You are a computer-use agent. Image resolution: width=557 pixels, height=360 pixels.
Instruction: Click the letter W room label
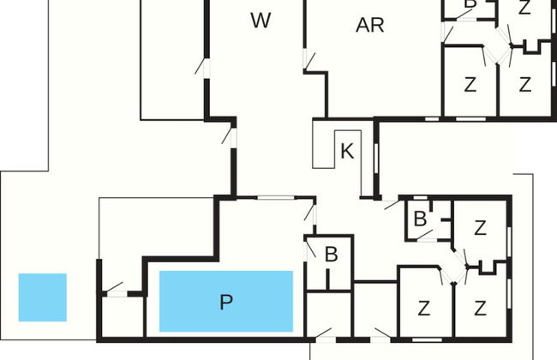[x=261, y=21]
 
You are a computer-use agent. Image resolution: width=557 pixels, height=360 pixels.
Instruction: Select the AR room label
[x=370, y=25]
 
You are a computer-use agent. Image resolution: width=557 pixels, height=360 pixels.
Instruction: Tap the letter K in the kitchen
[x=347, y=152]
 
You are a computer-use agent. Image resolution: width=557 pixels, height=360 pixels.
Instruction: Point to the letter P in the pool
[x=226, y=302]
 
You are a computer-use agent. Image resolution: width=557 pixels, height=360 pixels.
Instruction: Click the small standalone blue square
[x=42, y=297]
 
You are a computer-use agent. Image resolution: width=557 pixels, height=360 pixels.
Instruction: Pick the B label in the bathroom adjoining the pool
[x=331, y=255]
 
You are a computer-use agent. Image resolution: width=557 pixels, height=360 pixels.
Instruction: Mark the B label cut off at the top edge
[x=470, y=4]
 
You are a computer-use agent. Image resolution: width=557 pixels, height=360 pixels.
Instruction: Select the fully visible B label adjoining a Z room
[x=420, y=219]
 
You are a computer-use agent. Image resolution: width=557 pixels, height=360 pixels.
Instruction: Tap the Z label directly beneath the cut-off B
[x=470, y=85]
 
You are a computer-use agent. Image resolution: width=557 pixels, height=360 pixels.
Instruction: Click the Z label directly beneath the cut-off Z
[x=525, y=85]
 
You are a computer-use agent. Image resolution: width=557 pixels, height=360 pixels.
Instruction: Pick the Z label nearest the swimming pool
[x=423, y=308]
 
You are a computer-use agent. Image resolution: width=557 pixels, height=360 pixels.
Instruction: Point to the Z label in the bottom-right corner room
[x=481, y=308]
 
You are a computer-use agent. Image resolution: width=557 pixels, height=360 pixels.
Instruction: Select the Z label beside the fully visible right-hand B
[x=480, y=228]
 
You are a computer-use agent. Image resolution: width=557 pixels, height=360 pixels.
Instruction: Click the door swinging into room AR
[x=309, y=60]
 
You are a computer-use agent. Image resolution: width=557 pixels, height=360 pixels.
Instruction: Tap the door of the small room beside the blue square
[x=114, y=288]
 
